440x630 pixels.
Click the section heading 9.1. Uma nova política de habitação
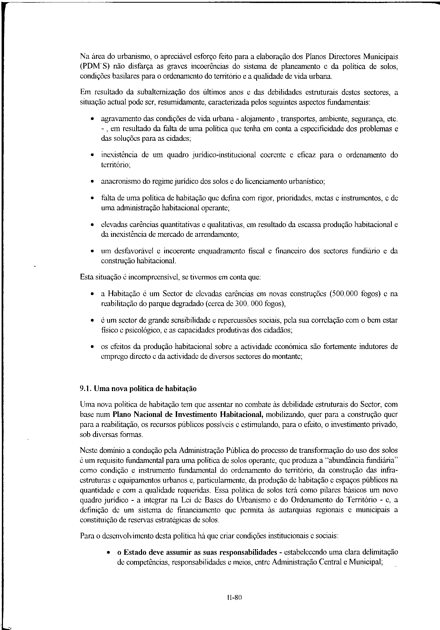(138, 389)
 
